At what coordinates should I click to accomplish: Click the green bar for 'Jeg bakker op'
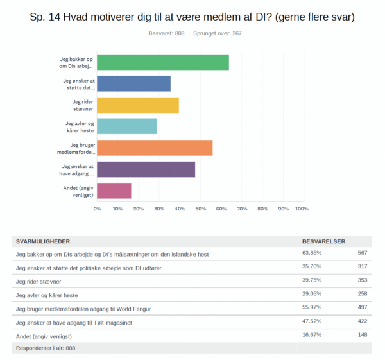[x=163, y=62]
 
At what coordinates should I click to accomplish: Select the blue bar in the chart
[x=134, y=83]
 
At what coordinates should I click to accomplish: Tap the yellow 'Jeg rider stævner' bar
[x=138, y=105]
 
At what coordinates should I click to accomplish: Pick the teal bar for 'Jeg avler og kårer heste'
[x=127, y=126]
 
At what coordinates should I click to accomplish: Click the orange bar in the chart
[x=155, y=148]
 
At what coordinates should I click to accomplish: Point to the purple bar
[x=146, y=169]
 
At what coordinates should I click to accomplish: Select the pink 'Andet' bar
[x=114, y=191]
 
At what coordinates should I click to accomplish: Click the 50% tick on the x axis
[x=201, y=209]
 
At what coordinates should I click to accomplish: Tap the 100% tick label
[x=302, y=209]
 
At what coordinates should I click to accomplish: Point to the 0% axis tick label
[x=98, y=209]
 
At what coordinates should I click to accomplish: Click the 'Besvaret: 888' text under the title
[x=166, y=33]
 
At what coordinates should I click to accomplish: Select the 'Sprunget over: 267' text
[x=218, y=33]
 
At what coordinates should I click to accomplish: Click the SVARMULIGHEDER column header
[x=43, y=242]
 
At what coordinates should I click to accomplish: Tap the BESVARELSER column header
[x=323, y=242]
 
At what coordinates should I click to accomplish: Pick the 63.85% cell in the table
[x=312, y=253]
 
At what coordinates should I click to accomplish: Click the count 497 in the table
[x=363, y=307]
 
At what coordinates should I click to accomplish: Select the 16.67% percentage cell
[x=312, y=335]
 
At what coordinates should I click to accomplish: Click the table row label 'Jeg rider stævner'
[x=38, y=282]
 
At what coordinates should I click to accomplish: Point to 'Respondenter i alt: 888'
[x=46, y=348]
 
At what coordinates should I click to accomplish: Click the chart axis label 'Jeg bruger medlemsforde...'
[x=76, y=149]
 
